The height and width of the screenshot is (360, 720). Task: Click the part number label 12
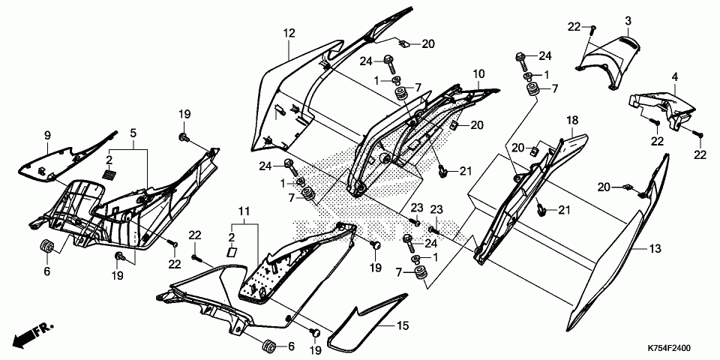coord(289,33)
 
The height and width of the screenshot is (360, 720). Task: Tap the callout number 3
coord(628,20)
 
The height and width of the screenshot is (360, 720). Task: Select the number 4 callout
coord(674,76)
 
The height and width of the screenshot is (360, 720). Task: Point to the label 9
coord(46,135)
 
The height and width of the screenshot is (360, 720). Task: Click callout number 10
coord(478,74)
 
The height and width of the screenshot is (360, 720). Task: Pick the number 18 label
coord(571,121)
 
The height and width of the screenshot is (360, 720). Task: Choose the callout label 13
coord(654,247)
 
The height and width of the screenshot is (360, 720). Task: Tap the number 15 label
coord(403,327)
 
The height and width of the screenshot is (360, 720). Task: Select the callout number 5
coord(133,133)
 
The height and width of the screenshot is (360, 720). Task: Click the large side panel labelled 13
coord(607,270)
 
